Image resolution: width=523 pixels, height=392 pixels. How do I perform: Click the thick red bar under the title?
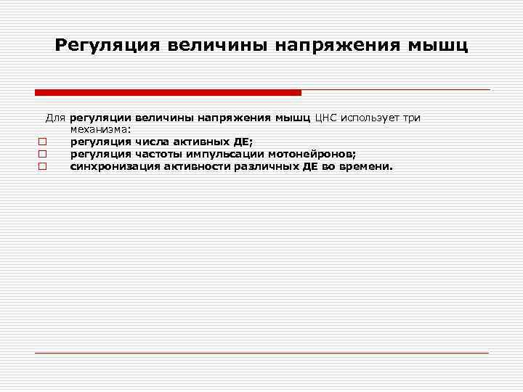(168, 93)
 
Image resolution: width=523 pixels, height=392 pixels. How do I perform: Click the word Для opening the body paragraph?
(57, 117)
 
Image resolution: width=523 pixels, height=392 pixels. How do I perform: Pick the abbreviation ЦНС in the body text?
(326, 117)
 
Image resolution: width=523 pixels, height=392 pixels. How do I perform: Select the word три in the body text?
(411, 117)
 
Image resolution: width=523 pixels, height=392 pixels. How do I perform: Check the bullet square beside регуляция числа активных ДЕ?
(43, 142)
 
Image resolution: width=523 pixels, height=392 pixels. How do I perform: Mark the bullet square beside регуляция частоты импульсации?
(43, 154)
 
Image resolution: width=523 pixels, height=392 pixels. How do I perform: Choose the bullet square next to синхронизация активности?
(43, 166)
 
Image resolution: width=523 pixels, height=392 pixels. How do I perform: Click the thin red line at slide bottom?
(261, 353)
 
